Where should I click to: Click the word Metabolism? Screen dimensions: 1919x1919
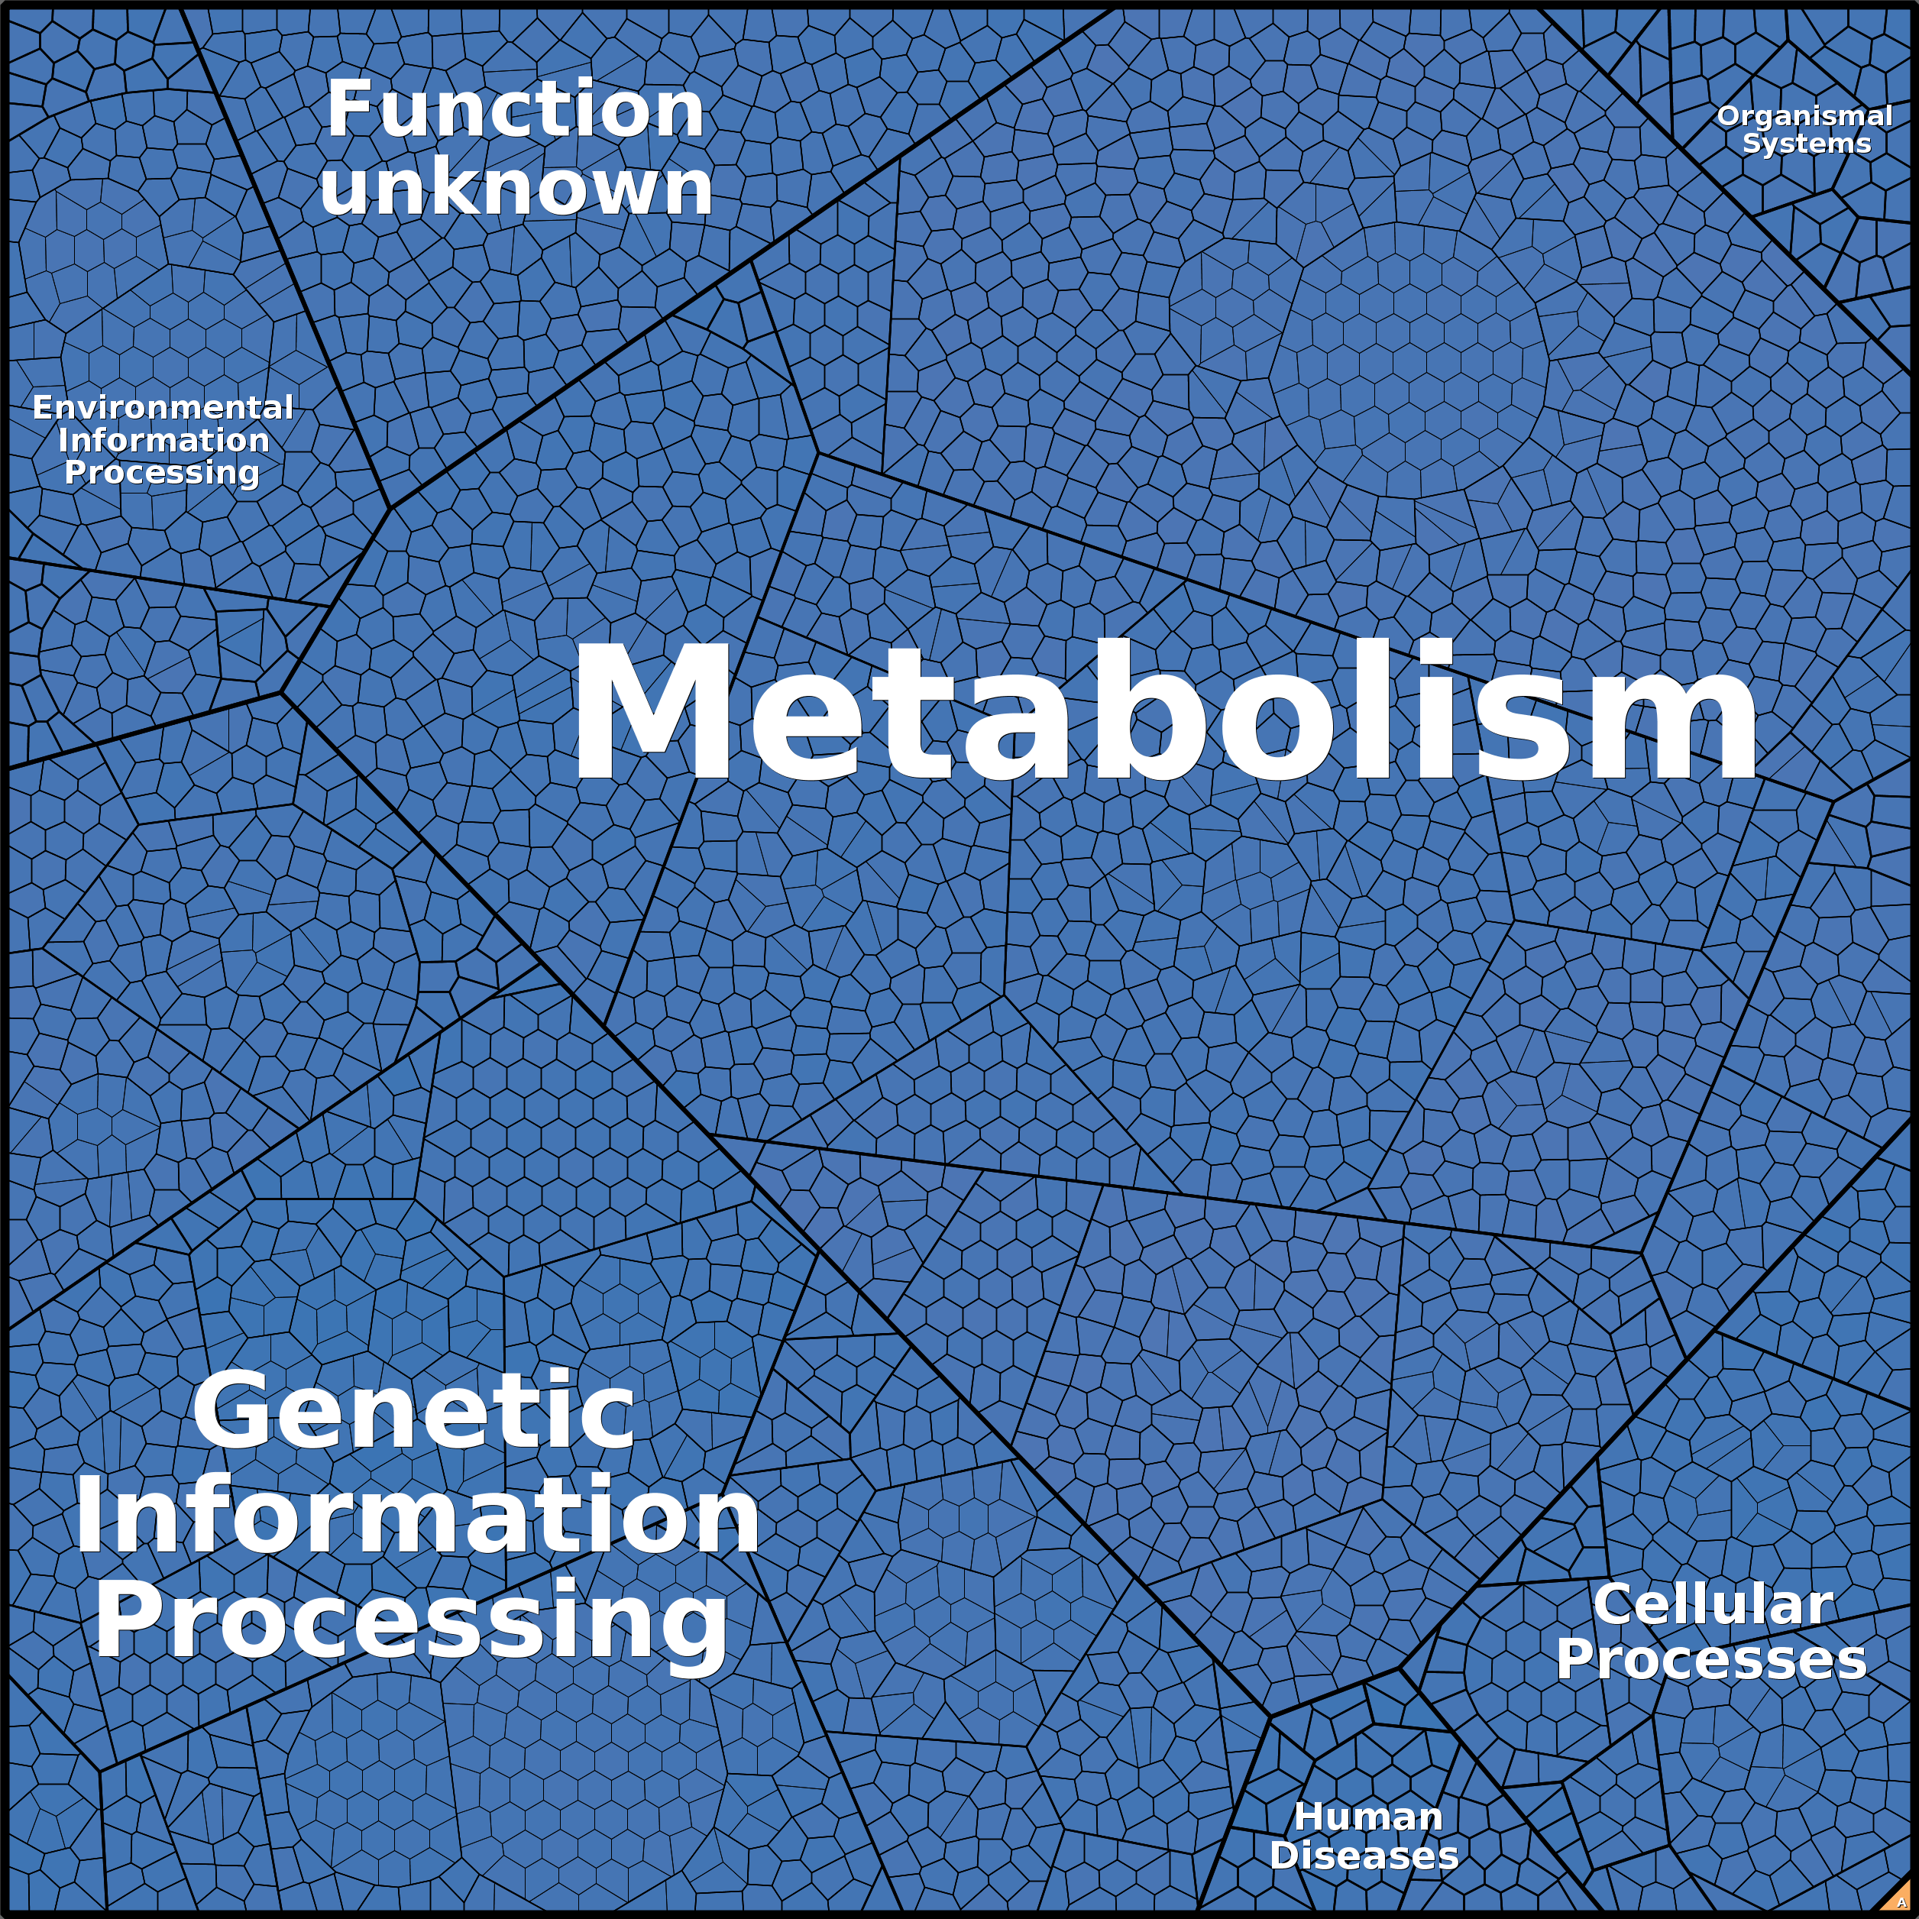pos(1164,714)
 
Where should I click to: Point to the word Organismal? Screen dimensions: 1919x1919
pos(1804,116)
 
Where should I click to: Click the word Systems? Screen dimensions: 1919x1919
pos(1806,144)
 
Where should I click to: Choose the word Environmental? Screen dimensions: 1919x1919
pos(163,407)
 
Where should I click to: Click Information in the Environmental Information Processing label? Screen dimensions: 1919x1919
pos(163,440)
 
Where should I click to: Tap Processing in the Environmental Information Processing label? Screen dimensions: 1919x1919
pos(162,472)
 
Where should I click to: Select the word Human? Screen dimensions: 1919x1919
pos(1367,1817)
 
